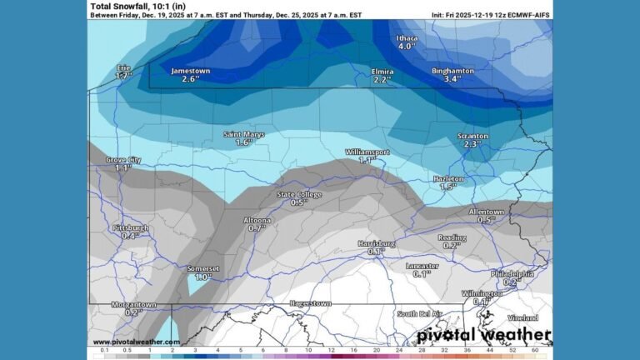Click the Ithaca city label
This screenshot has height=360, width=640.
(x=406, y=37)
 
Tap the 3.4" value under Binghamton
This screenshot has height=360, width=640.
(x=452, y=80)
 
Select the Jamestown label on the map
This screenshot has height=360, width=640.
(x=190, y=71)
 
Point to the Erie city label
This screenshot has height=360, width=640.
(x=123, y=67)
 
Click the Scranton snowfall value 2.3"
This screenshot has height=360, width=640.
(x=472, y=144)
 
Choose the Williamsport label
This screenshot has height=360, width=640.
(x=367, y=152)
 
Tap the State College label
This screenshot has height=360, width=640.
(x=299, y=194)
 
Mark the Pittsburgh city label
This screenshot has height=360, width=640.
(x=130, y=227)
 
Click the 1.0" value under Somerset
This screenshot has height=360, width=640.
(x=202, y=277)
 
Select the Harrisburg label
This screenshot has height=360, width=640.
(x=376, y=242)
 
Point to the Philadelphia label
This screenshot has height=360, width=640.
(x=512, y=273)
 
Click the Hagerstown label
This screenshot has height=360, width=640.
(x=311, y=303)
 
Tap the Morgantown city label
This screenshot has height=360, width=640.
(x=133, y=305)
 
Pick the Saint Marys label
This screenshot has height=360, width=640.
(x=243, y=134)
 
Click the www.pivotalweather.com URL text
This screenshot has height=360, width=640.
(x=136, y=342)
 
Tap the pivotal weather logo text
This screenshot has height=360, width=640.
(x=483, y=336)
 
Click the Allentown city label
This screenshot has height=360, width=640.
(x=486, y=212)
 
